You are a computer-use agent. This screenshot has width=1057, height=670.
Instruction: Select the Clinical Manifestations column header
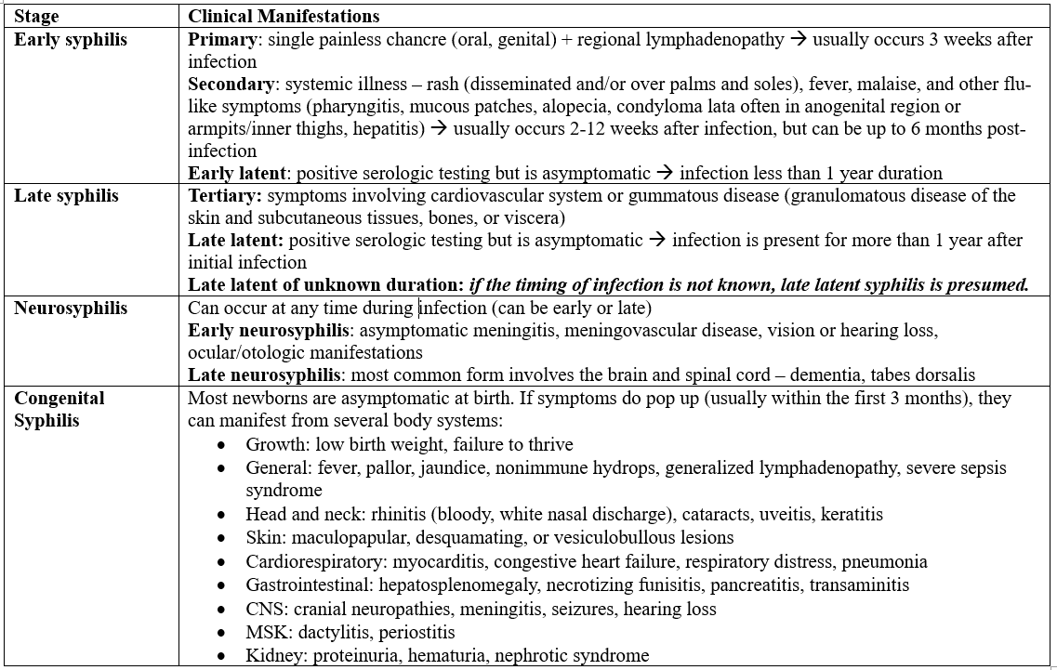(x=284, y=17)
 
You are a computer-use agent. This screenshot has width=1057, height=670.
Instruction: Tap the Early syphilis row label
(x=71, y=40)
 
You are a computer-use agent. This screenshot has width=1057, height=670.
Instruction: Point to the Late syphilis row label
(x=66, y=196)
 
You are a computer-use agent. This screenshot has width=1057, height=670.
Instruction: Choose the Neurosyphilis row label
(x=71, y=309)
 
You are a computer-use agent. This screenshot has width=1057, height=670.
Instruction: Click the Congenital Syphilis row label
(x=59, y=409)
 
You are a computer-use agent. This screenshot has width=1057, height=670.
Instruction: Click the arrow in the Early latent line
(x=665, y=174)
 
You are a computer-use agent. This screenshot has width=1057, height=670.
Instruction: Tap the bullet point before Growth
(x=221, y=445)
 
